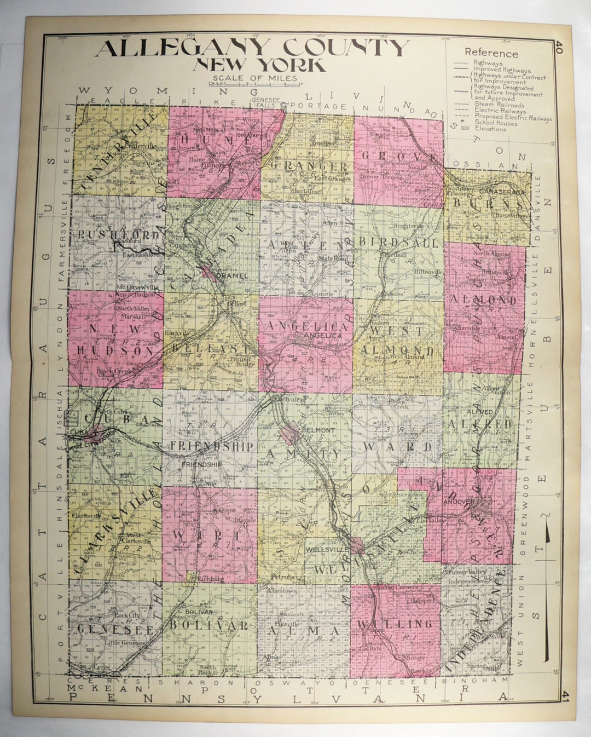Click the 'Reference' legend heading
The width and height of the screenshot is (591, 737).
[491, 53]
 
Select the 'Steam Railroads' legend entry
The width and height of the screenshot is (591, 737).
[499, 105]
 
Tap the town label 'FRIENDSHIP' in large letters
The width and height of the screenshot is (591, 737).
[212, 446]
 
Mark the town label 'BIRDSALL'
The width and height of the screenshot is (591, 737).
[398, 242]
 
